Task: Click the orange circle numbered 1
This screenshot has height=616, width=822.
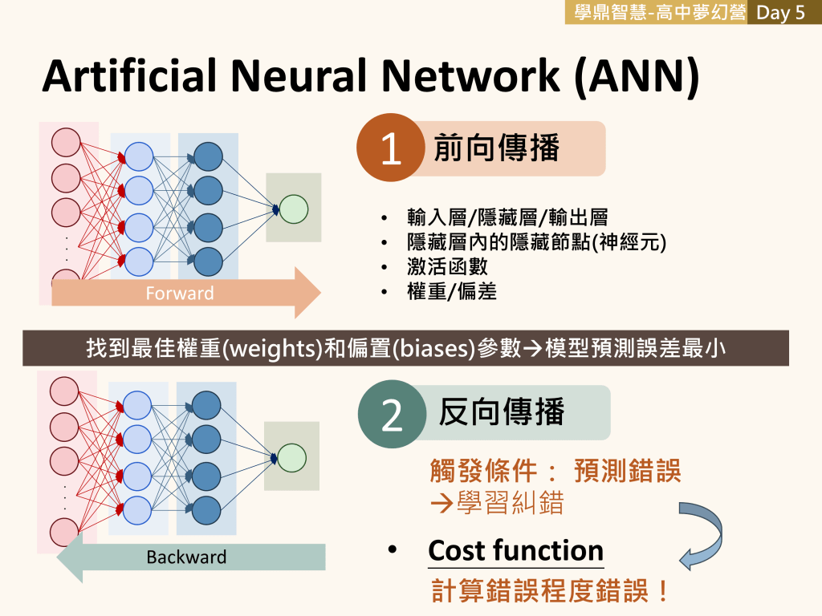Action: [x=390, y=149]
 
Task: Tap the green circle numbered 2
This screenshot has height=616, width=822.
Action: [x=392, y=415]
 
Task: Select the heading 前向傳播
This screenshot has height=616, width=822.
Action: [x=496, y=148]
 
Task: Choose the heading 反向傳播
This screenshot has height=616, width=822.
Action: [x=502, y=411]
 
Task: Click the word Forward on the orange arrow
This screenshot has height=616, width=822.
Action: [x=180, y=294]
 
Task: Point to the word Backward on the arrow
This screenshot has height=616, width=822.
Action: [x=186, y=557]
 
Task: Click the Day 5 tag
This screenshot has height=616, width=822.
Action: [x=780, y=13]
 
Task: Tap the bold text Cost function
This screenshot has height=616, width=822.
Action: [x=515, y=551]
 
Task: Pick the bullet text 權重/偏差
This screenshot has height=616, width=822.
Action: [x=451, y=291]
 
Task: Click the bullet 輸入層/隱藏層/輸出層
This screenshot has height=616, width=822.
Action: [x=507, y=217]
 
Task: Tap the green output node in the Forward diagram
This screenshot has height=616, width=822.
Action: [x=294, y=209]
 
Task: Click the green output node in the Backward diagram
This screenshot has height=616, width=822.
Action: [x=292, y=457]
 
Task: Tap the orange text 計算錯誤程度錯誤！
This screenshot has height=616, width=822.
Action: [x=551, y=591]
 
